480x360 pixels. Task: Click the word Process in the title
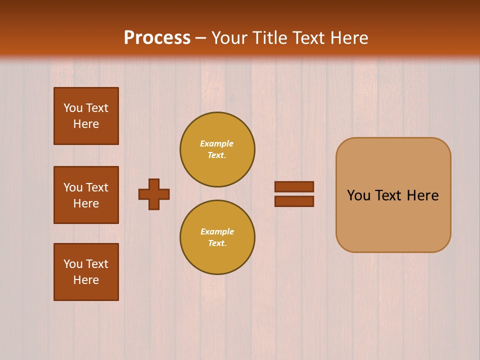click(157, 38)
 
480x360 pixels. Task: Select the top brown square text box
click(86, 116)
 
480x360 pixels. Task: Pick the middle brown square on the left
click(86, 195)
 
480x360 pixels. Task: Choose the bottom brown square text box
click(86, 272)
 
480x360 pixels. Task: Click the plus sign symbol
click(154, 194)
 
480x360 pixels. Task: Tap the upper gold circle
click(217, 149)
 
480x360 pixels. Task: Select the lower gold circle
click(217, 237)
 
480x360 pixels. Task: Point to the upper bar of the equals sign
click(294, 186)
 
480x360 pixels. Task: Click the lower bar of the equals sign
click(294, 201)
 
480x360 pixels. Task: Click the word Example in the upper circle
click(216, 143)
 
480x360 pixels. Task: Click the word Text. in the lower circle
click(217, 243)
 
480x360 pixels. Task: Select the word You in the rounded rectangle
click(358, 195)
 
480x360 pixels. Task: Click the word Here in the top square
click(86, 124)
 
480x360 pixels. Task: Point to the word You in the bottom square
click(73, 264)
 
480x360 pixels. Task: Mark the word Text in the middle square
click(97, 187)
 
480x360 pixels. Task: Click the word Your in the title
click(229, 38)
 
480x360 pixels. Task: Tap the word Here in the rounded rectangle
click(422, 195)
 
